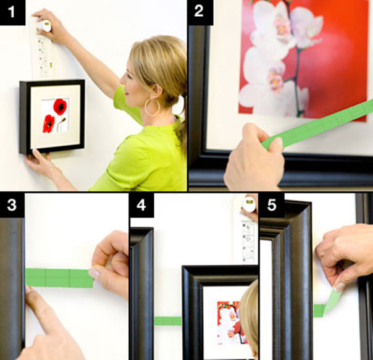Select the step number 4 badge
point(141,205)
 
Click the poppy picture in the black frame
point(55,115)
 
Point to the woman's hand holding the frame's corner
point(38,164)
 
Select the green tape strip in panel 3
point(59,278)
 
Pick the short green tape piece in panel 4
point(167,320)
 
